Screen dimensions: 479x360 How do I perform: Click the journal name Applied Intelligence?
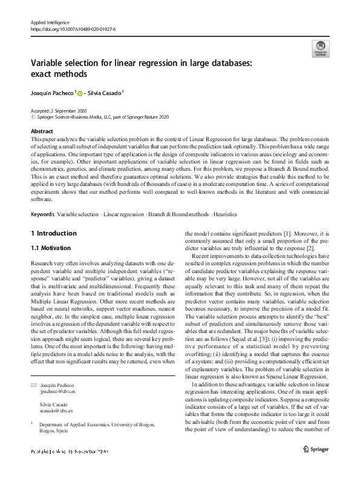50,22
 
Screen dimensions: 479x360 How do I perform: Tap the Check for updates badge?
320,48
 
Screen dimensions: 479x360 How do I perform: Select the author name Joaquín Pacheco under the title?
51,93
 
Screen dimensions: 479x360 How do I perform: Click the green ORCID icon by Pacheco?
79,93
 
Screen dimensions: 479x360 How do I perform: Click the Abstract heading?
42,131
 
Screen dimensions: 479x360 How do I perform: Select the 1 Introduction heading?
53,233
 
